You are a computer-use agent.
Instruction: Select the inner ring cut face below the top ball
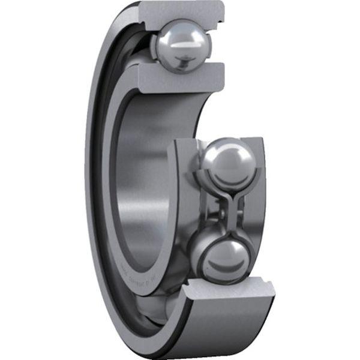click(x=180, y=75)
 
